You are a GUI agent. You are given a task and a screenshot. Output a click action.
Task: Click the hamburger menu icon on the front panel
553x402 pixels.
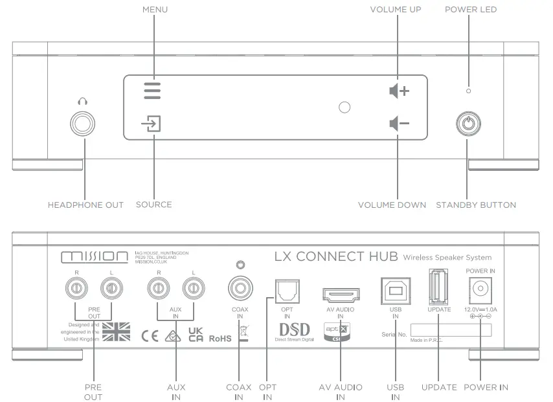pyautogui.click(x=152, y=90)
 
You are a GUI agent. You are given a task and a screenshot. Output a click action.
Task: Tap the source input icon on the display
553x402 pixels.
pyautogui.click(x=152, y=124)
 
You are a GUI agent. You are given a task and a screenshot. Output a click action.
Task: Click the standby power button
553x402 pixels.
pyautogui.click(x=469, y=124)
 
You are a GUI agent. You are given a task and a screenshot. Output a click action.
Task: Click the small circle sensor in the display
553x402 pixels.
pyautogui.click(x=344, y=107)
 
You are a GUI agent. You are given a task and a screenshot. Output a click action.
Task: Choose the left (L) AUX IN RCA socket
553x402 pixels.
pyautogui.click(x=192, y=286)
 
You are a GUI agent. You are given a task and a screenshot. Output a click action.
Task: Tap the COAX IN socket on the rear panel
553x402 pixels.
pyautogui.click(x=240, y=287)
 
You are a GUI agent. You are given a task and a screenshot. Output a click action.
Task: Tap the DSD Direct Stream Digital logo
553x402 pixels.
pyautogui.click(x=295, y=330)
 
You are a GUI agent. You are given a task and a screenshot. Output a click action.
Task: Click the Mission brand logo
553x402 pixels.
pyautogui.click(x=94, y=257)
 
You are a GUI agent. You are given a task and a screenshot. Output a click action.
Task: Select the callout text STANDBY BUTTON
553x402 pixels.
pyautogui.click(x=476, y=205)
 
